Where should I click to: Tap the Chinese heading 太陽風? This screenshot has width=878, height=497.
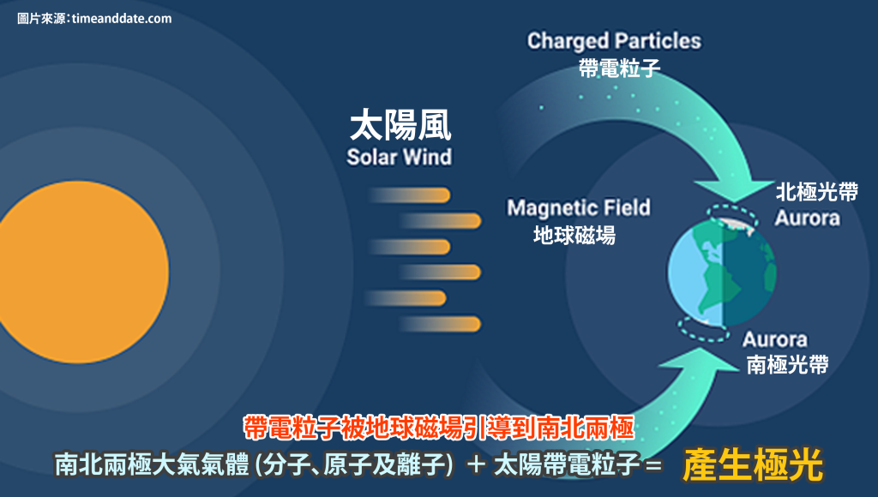(x=400, y=125)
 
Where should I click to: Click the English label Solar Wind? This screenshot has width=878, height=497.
(x=400, y=157)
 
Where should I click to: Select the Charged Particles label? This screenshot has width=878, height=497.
(x=614, y=41)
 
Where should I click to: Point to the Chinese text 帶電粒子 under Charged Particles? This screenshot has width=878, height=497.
(x=619, y=68)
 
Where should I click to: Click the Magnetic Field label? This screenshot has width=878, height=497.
(x=579, y=207)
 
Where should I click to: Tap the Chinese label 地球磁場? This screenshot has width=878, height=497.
(x=574, y=235)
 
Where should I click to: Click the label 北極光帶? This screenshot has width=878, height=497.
(x=816, y=192)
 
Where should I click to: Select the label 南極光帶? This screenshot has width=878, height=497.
(x=787, y=364)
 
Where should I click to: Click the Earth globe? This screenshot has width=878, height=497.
(x=722, y=272)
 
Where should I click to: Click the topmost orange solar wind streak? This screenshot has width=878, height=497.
(x=410, y=195)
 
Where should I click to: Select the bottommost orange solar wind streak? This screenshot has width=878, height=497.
(x=440, y=324)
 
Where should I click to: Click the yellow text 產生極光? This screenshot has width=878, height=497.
(x=753, y=464)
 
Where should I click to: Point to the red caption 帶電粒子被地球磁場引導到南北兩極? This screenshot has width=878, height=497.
(x=439, y=428)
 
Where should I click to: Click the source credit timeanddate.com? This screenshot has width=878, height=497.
(x=122, y=18)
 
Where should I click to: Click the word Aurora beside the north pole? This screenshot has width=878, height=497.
(x=807, y=218)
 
